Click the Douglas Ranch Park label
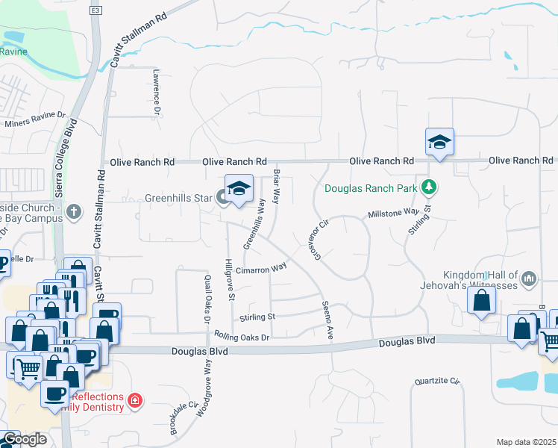point(372,187)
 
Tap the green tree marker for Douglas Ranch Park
point(428,187)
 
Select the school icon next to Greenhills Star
point(239,190)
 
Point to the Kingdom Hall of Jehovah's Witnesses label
point(480,279)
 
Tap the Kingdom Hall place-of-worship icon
point(530,279)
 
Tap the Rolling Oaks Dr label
point(241,337)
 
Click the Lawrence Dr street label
point(157,92)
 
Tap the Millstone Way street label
point(392,214)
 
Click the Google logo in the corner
point(24,439)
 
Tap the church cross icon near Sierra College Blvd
point(73,211)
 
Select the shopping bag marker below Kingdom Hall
point(483,301)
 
